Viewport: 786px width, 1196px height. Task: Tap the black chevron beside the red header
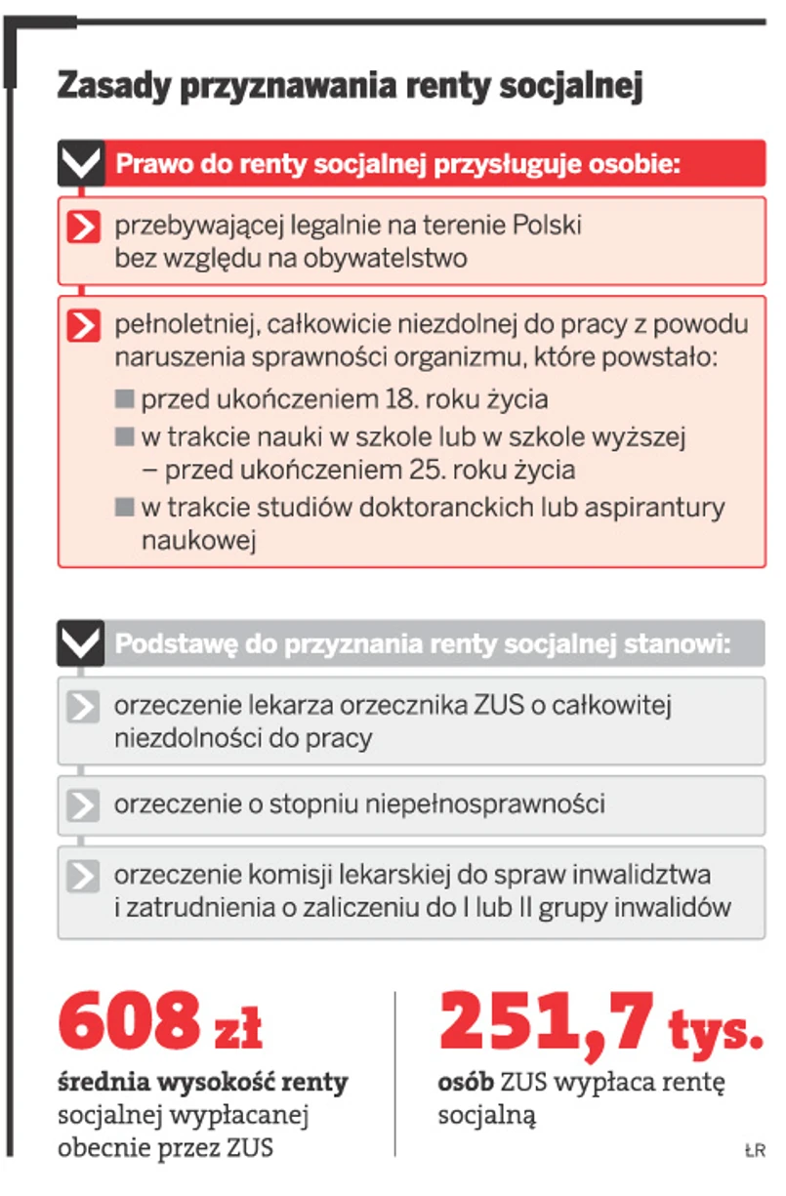81,163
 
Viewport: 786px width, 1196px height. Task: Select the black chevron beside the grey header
81,643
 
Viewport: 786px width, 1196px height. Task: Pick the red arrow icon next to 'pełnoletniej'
84,325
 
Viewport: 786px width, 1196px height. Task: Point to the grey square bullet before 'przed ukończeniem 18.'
124,399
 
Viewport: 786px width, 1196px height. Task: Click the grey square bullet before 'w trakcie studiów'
124,508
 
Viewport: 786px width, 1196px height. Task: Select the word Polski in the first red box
548,226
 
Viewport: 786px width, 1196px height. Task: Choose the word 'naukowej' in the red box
198,541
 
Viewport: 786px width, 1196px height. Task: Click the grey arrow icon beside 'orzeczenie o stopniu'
84,805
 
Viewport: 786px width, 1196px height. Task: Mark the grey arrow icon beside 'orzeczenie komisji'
84,875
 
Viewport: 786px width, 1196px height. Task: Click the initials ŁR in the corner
753,1151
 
